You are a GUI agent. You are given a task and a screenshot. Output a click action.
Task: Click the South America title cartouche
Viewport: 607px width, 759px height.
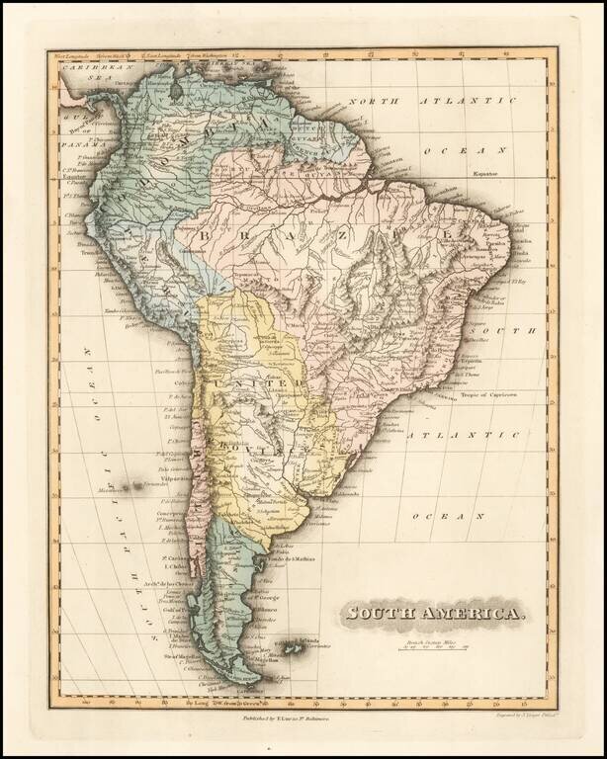[x=434, y=615]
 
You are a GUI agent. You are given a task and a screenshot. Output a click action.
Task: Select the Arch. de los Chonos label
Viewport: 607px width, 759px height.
[x=160, y=588]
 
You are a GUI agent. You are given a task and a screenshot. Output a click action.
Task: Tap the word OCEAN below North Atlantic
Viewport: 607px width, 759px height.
[x=455, y=150]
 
